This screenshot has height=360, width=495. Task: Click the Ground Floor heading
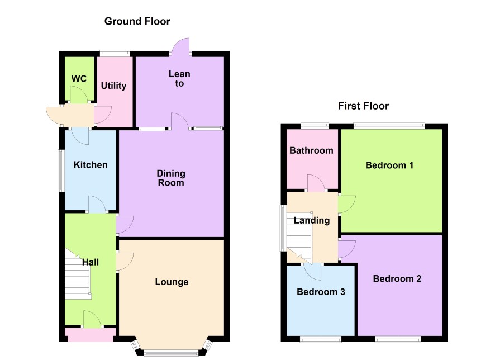(137, 21)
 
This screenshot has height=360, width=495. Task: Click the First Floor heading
(363, 106)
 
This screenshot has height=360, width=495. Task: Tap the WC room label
(79, 79)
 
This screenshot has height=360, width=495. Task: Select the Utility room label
(113, 86)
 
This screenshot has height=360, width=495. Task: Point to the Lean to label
(179, 79)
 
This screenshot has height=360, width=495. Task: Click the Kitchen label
(91, 164)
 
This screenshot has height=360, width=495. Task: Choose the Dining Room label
(171, 178)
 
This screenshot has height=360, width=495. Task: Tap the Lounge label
(172, 282)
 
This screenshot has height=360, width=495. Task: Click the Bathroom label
(311, 150)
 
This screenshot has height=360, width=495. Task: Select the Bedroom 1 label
(389, 165)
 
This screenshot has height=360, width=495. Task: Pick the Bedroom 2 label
(397, 278)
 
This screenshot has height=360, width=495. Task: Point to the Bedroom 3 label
(321, 292)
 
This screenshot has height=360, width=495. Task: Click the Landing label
(312, 220)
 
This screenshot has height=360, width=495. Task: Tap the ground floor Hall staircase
(78, 274)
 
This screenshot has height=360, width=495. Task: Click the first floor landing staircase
(299, 238)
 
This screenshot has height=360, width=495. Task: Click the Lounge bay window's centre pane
(172, 352)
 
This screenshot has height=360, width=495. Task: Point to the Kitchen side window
(61, 170)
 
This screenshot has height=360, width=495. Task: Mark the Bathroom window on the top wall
(315, 126)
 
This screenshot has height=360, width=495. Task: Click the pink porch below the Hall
(91, 335)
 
